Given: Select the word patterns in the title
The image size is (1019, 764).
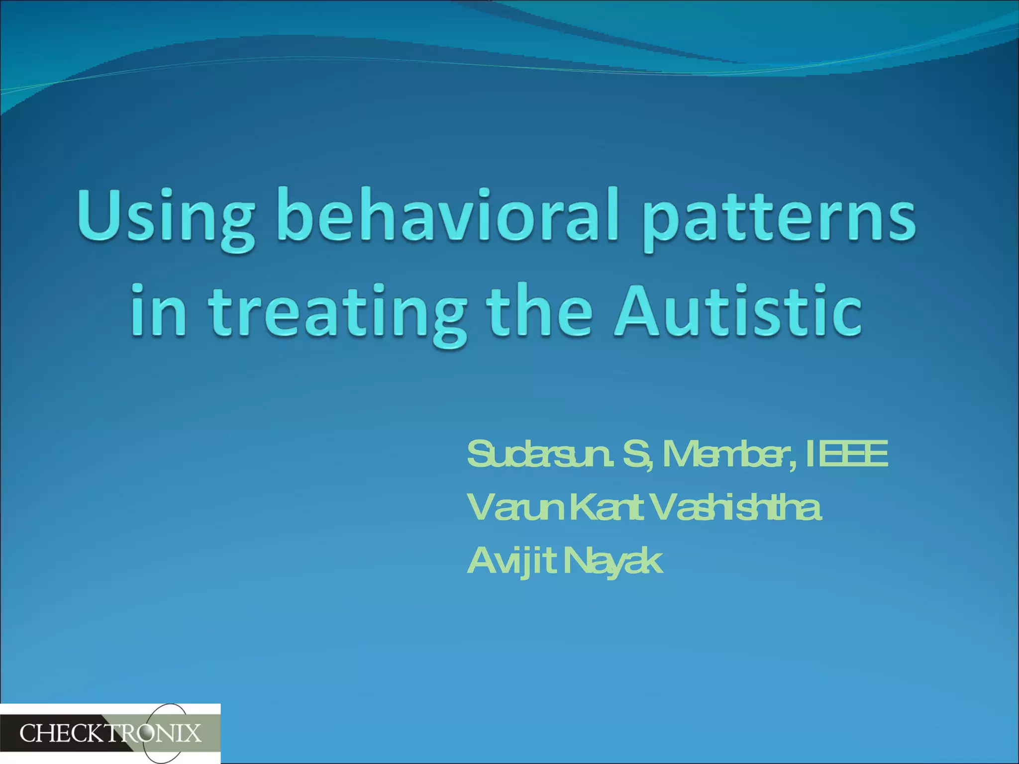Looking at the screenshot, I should (x=779, y=219).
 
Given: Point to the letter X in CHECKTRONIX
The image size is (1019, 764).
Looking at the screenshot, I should (x=193, y=734).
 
